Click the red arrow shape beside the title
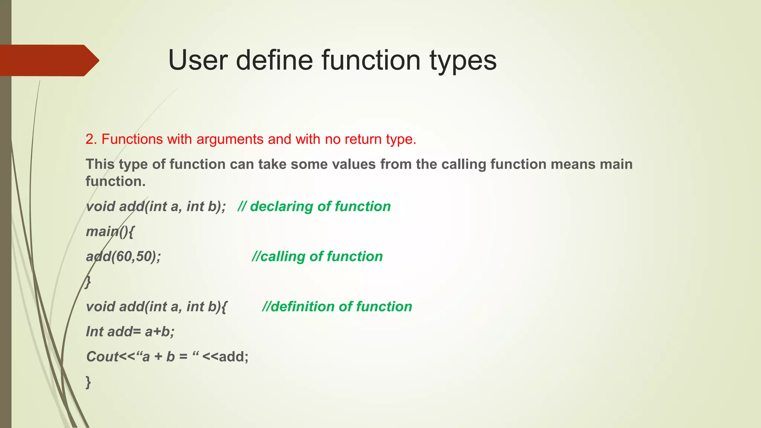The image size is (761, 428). (48, 61)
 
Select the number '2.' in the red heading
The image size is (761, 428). (91, 139)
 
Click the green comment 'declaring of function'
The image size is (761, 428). (314, 207)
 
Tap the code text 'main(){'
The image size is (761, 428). (110, 231)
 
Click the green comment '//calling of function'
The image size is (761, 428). (317, 256)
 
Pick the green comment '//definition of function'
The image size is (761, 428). (337, 307)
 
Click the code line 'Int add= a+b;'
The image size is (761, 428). (130, 331)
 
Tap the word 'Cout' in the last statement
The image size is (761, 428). (102, 357)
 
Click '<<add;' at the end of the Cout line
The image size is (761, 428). (225, 357)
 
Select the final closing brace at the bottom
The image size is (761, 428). (88, 382)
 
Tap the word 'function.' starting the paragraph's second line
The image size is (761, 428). (116, 181)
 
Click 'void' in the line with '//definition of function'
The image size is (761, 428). (100, 307)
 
